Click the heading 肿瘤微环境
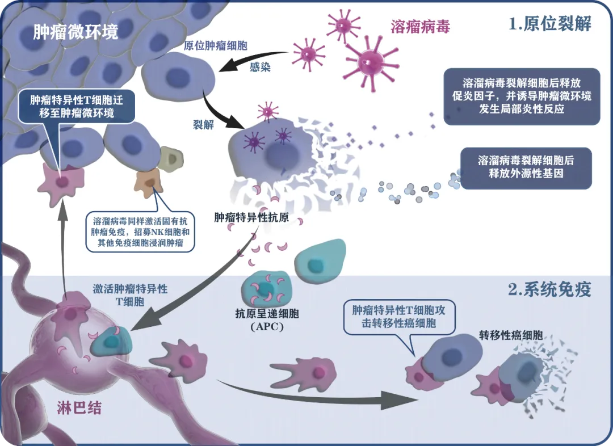click(x=75, y=31)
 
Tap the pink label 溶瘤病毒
click(x=421, y=26)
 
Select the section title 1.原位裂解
click(x=550, y=24)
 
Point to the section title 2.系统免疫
click(x=549, y=290)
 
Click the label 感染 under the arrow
click(x=260, y=68)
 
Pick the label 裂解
click(x=204, y=125)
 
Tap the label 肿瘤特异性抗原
click(x=245, y=217)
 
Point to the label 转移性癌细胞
click(x=509, y=336)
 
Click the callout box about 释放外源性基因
click(x=526, y=167)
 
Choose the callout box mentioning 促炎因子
click(x=522, y=96)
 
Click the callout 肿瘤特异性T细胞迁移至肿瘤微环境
click(x=75, y=107)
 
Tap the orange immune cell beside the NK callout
click(x=146, y=183)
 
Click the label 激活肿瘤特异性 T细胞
click(x=130, y=294)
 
